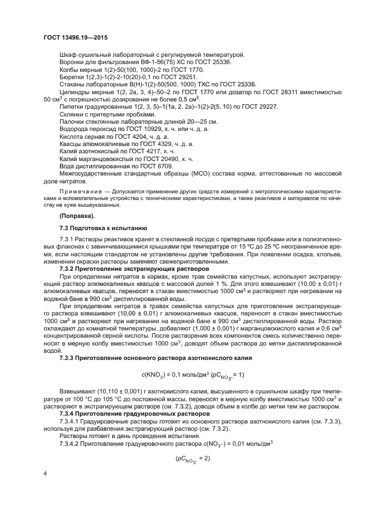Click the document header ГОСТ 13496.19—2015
point(75,37)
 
